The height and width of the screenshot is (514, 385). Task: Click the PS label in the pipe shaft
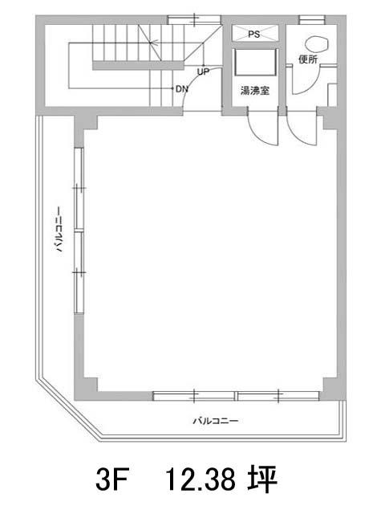(253, 34)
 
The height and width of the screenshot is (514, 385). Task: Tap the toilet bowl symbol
(317, 44)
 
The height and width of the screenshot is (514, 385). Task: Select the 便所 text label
(308, 59)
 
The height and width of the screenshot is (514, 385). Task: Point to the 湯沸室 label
(255, 91)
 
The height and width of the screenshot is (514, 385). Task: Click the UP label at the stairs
(203, 71)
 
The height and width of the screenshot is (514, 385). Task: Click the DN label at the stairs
(182, 89)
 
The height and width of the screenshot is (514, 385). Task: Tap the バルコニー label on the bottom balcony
(215, 421)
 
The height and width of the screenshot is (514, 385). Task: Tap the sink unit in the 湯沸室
(256, 63)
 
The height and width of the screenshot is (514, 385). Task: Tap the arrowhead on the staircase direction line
(153, 43)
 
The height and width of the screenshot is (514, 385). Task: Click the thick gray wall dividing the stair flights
(138, 65)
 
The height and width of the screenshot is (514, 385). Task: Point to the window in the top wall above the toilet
(312, 19)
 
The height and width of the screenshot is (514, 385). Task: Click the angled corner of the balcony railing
(70, 408)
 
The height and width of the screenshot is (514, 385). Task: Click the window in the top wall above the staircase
(194, 19)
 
